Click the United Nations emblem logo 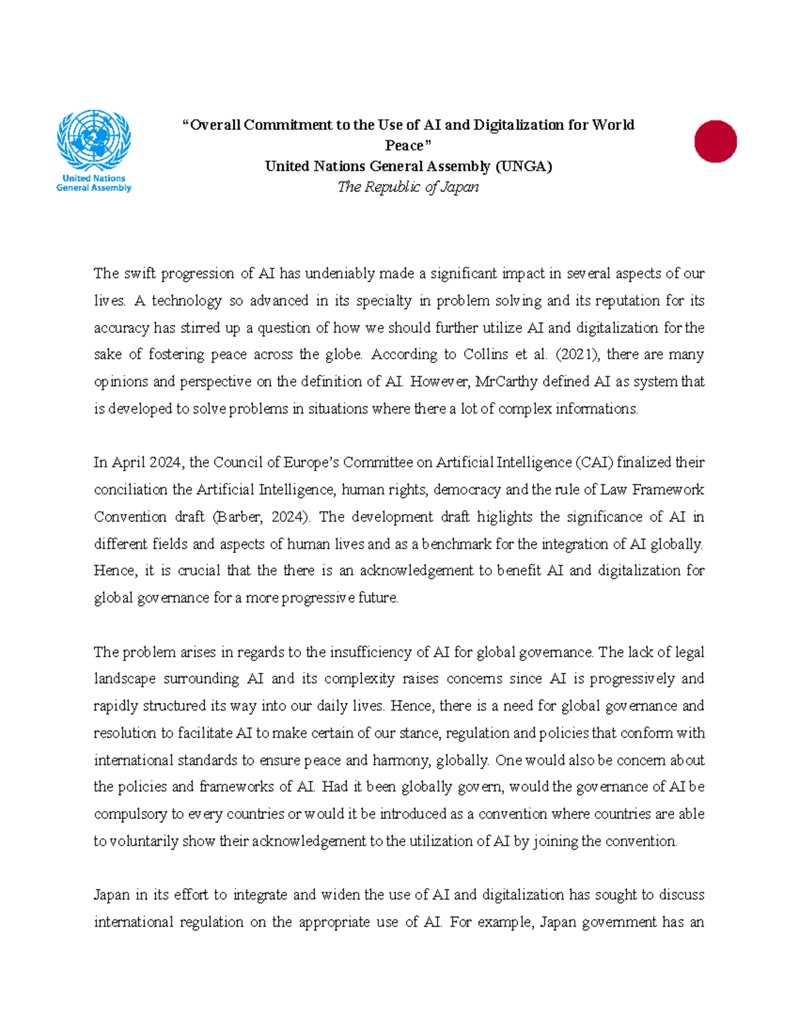(x=94, y=140)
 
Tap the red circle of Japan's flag (x=715, y=141)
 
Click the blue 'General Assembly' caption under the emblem (x=94, y=188)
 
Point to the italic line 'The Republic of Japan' (x=408, y=187)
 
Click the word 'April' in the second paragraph (x=129, y=463)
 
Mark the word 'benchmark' (x=457, y=544)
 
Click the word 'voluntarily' (x=143, y=842)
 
